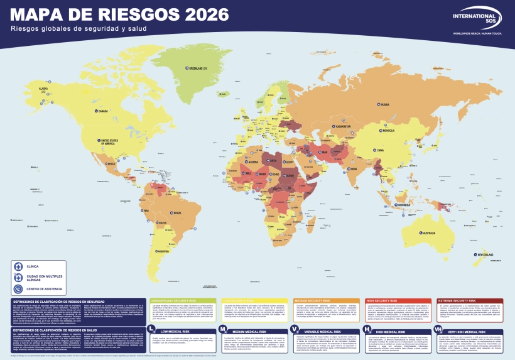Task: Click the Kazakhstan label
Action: (x=343, y=126)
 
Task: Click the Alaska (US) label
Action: (x=44, y=89)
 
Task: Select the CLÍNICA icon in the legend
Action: (x=18, y=266)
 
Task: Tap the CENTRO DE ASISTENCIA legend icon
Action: (x=18, y=289)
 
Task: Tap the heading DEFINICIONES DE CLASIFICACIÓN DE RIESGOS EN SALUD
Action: (x=56, y=329)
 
